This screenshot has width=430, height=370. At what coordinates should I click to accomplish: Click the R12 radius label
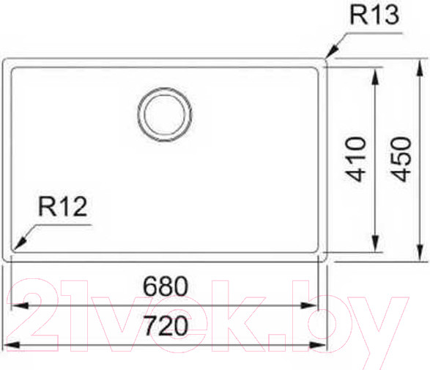click(63, 208)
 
